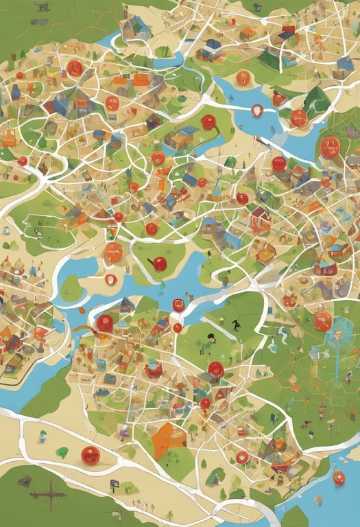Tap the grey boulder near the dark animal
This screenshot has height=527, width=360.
click(x=40, y=21)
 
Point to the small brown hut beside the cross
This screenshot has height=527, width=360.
click(x=25, y=481)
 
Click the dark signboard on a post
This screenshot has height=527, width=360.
click(x=115, y=484)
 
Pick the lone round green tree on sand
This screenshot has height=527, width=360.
click(x=62, y=452)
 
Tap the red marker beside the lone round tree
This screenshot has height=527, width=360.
click(x=89, y=454)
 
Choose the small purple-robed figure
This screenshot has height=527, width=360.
click(x=123, y=433)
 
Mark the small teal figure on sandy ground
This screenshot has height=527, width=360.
click(x=43, y=435)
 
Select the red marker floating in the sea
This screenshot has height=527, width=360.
click(x=338, y=478)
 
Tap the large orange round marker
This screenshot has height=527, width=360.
click(x=322, y=320)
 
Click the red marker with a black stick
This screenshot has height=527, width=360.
click(x=160, y=263)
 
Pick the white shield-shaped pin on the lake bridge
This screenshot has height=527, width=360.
click(x=257, y=110)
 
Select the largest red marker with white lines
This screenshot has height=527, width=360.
click(x=330, y=147)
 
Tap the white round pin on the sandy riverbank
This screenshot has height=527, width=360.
click(x=110, y=279)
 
